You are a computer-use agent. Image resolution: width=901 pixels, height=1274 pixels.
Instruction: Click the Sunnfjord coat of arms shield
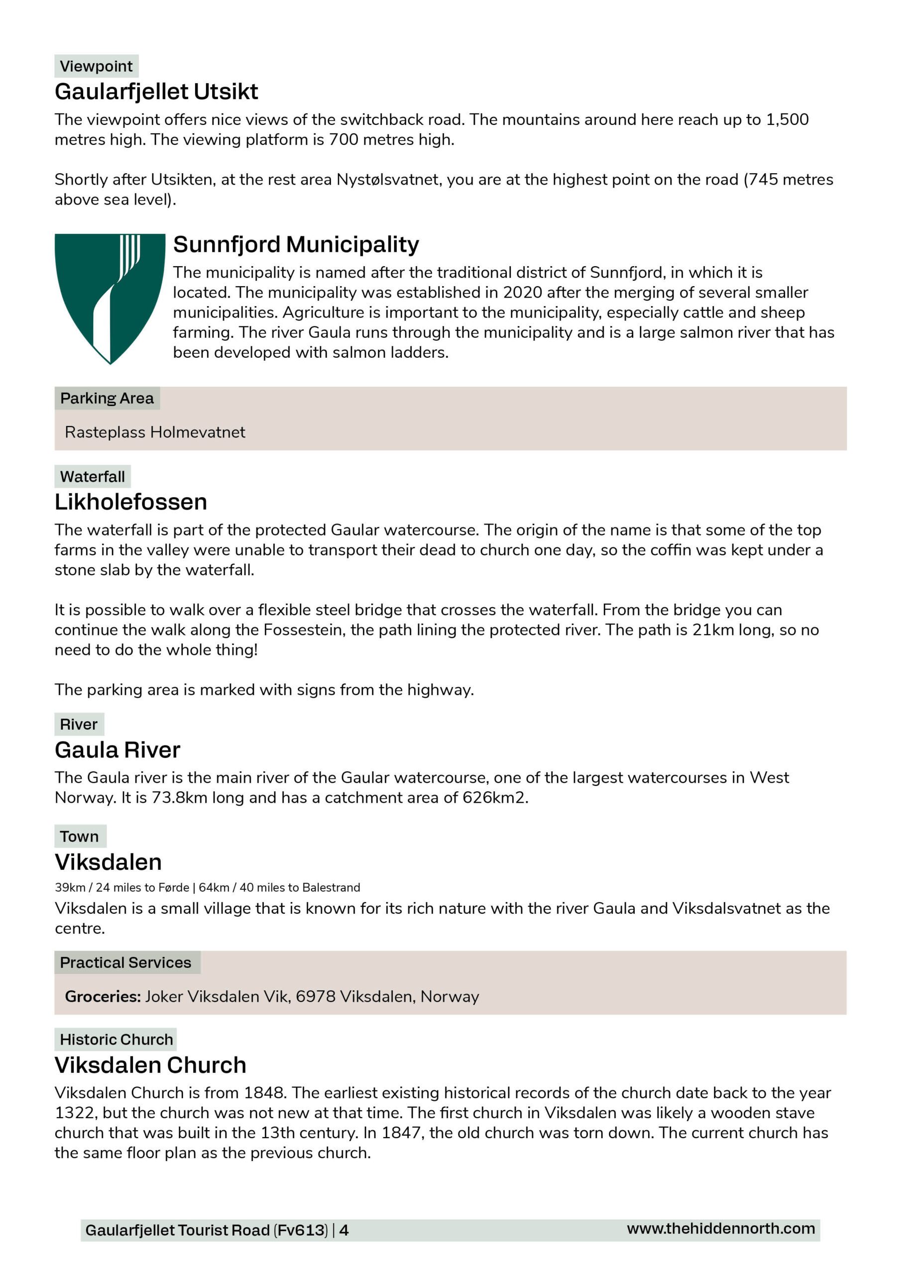click(x=110, y=298)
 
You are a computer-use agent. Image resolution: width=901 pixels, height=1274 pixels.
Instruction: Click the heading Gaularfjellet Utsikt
click(x=156, y=92)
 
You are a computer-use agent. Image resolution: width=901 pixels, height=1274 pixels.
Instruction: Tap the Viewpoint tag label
click(x=96, y=66)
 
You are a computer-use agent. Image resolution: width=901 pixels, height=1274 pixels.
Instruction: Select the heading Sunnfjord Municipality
click(x=296, y=244)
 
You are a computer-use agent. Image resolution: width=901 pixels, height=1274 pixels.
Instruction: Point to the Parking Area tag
click(x=107, y=399)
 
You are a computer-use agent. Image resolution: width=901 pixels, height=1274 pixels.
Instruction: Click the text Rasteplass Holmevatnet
click(x=155, y=432)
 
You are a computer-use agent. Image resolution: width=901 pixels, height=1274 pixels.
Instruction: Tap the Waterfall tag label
click(x=92, y=477)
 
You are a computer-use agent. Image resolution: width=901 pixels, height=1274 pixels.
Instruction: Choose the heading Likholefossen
click(x=130, y=502)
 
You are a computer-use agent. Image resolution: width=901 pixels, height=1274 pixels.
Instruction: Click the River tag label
click(x=79, y=724)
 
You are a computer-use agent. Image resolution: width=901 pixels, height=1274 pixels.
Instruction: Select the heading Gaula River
click(x=117, y=750)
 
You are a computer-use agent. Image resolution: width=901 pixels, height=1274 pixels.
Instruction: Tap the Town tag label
click(x=79, y=836)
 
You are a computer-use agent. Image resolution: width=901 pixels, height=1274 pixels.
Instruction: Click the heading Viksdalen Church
click(x=150, y=1065)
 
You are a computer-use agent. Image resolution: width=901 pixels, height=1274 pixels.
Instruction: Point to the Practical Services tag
click(x=125, y=962)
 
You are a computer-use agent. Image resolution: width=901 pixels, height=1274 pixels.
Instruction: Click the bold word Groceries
click(x=103, y=997)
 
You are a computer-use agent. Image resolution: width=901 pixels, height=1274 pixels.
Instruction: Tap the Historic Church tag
click(x=116, y=1039)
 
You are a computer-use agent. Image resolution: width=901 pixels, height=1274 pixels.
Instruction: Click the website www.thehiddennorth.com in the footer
click(x=721, y=1229)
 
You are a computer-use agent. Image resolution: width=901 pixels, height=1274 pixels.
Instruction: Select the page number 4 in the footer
click(x=344, y=1230)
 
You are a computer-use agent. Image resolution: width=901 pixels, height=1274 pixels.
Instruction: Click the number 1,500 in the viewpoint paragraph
click(x=787, y=120)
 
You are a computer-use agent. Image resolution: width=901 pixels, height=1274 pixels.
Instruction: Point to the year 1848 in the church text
click(x=265, y=1093)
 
